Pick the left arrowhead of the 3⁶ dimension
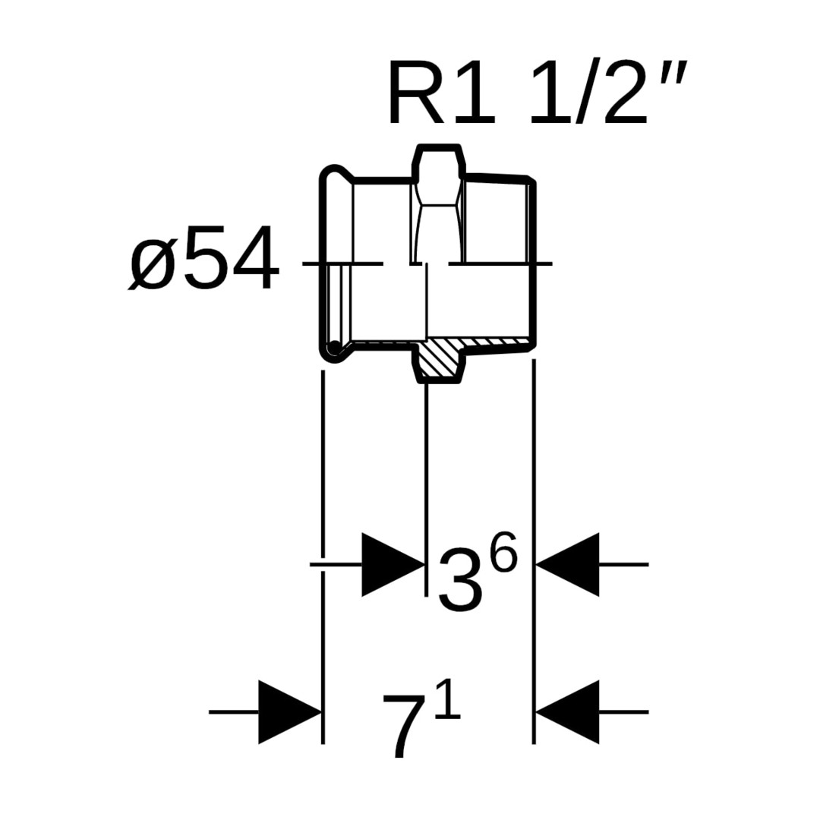coord(392,564)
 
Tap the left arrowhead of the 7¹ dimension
coord(289,711)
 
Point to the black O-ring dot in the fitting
coord(333,348)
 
